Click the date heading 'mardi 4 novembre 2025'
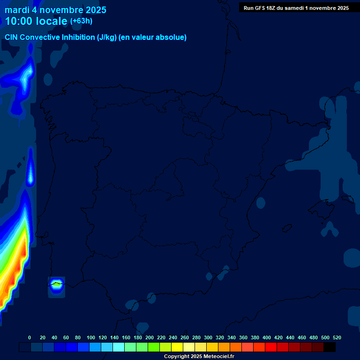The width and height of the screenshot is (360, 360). point(55,10)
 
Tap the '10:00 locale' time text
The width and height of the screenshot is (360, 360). point(36,21)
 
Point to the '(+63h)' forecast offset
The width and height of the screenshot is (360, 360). point(81,21)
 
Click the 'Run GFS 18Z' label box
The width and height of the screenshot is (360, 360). point(296,7)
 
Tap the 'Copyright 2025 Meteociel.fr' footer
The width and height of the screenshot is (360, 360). point(199,356)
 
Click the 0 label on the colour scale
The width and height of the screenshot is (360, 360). point(30,337)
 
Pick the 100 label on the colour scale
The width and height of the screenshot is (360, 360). point(91,337)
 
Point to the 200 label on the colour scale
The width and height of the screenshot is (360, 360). point(150,337)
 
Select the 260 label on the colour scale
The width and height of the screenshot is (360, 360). point(185,337)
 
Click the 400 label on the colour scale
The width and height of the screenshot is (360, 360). point(267,337)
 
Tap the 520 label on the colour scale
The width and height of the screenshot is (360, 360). point(337,337)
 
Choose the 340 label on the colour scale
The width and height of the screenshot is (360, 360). point(232,337)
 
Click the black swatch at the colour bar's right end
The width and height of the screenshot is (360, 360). point(330,347)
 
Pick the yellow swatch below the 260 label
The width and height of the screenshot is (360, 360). point(177,347)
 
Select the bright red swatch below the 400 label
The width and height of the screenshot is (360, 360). point(271,347)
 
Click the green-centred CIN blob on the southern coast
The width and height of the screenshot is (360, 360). point(57,284)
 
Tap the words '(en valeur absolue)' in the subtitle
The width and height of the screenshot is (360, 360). point(153,37)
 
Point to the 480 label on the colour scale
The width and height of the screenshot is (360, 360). point(314,337)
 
